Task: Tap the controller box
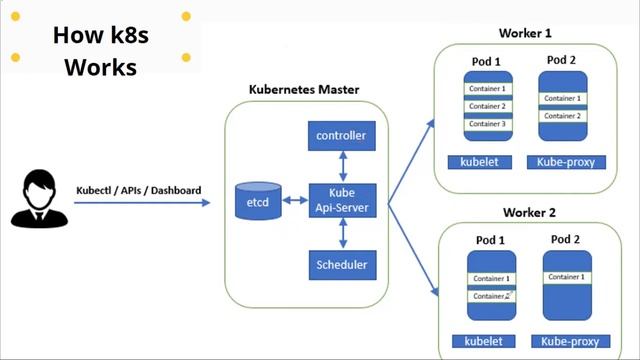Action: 341,135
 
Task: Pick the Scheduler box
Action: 341,265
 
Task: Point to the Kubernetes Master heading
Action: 303,90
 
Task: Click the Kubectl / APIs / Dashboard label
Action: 138,190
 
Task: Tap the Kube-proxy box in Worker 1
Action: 565,161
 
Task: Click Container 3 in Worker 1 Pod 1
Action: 486,124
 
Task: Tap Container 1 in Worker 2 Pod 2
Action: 565,277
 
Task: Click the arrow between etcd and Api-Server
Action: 294,200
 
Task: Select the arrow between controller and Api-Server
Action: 341,165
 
